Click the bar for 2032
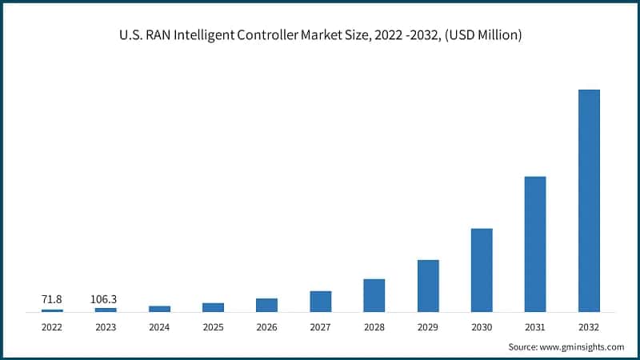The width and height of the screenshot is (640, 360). click(x=589, y=200)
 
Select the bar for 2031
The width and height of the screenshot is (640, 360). click(x=535, y=244)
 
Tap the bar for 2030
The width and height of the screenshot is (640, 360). click(x=482, y=270)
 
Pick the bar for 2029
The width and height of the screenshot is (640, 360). click(x=428, y=286)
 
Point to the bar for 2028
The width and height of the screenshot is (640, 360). click(x=374, y=295)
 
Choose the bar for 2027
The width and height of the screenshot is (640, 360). click(x=321, y=301)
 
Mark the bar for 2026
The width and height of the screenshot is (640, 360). click(x=266, y=305)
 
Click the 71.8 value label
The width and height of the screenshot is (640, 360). click(x=52, y=298)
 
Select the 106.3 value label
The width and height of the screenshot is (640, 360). click(x=106, y=298)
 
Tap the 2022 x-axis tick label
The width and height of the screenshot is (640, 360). click(x=52, y=326)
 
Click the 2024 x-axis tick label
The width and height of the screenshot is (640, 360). click(x=159, y=326)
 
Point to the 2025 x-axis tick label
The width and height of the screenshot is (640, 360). click(x=213, y=326)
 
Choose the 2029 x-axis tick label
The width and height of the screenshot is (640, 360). click(x=428, y=326)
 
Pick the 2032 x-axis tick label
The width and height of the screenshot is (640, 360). click(x=589, y=326)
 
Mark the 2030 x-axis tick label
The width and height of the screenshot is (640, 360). click(x=482, y=326)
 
